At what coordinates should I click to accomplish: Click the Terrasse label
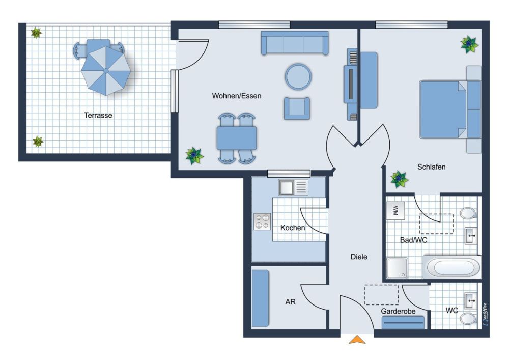98,115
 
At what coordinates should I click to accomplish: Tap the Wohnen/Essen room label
237,96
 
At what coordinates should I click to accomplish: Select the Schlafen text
432,167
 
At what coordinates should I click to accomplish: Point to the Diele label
359,257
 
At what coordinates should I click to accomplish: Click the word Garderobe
398,311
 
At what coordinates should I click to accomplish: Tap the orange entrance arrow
357,339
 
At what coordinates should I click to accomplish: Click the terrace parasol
106,70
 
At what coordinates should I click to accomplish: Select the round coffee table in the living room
298,76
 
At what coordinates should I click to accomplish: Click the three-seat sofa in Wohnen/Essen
295,43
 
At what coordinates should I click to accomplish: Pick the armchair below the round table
297,108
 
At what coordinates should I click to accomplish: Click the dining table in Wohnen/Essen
237,138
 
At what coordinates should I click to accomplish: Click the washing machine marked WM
395,210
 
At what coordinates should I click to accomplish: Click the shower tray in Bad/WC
397,268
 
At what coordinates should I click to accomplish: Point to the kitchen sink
293,187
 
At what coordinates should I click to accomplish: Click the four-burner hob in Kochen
262,221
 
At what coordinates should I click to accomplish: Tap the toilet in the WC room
468,319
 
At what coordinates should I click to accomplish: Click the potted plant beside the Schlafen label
399,180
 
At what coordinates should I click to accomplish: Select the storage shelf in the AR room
260,298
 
